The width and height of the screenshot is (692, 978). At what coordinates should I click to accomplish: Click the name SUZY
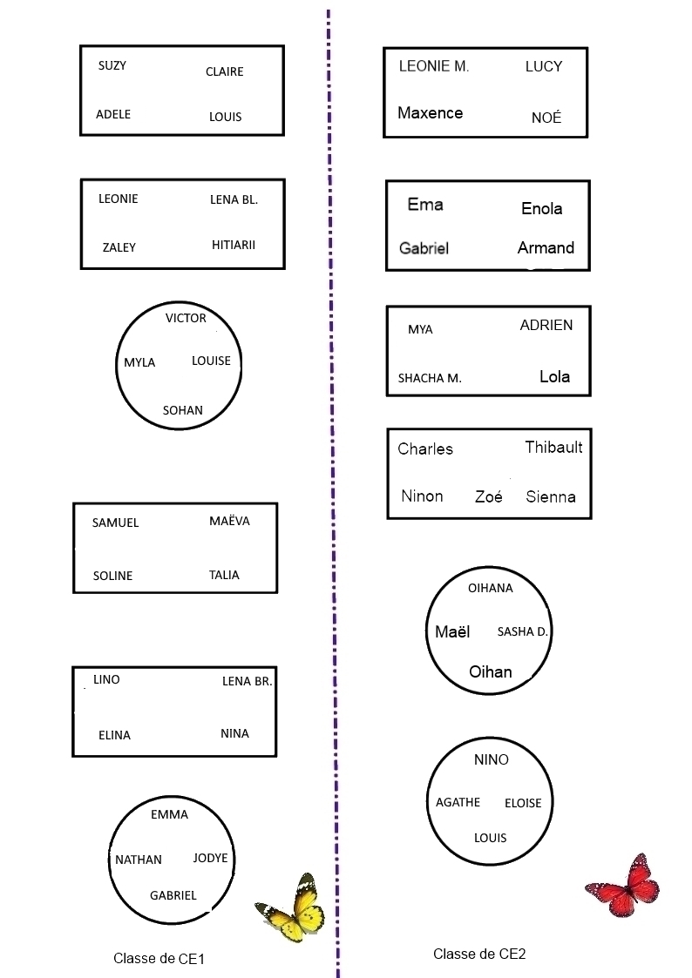tap(112, 65)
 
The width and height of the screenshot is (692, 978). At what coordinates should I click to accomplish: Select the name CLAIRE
tap(224, 71)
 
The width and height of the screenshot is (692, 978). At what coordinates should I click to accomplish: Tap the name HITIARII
tap(234, 245)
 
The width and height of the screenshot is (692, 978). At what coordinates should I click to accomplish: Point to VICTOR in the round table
tap(186, 318)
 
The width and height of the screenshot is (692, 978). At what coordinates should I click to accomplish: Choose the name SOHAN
tap(183, 410)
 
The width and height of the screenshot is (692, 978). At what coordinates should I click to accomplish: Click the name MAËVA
tap(229, 521)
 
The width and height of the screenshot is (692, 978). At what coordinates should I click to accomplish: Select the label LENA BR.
tap(248, 681)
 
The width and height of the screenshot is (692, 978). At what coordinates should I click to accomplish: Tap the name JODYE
tap(210, 858)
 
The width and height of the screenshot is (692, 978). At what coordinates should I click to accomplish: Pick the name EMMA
tap(169, 814)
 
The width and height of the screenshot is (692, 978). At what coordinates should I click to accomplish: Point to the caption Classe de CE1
tap(159, 959)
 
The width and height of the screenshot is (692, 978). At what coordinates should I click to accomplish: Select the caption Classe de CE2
tap(479, 954)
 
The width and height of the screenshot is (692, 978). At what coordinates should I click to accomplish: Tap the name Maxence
tap(430, 112)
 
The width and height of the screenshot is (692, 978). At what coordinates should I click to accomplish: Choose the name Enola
tap(541, 208)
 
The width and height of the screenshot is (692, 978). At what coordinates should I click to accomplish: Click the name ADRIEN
tap(546, 325)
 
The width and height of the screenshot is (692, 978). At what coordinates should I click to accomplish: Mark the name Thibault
tap(553, 448)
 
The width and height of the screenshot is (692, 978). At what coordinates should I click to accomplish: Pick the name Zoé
tap(489, 497)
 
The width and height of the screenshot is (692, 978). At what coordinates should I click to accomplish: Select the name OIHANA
tap(491, 588)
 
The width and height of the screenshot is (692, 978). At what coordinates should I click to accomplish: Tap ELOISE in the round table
tap(523, 803)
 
